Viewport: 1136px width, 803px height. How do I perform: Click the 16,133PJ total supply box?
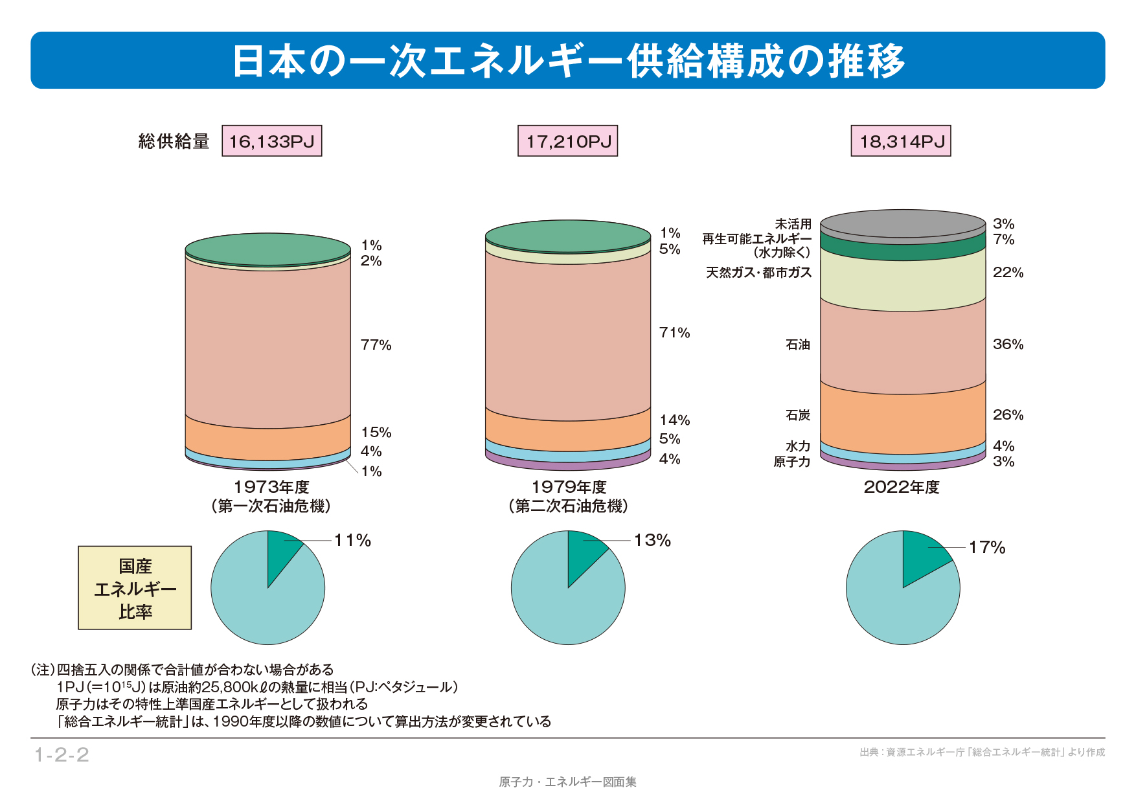[x=272, y=141]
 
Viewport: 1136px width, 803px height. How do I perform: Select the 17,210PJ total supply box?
[x=568, y=141]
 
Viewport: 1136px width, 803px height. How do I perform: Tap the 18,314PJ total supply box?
[x=901, y=141]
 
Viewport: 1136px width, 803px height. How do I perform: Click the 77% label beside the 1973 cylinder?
[x=376, y=345]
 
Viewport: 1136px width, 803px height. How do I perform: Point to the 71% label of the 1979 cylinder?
[x=675, y=333]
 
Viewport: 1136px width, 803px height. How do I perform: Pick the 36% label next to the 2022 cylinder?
[x=1008, y=345]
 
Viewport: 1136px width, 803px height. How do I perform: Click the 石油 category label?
[x=798, y=345]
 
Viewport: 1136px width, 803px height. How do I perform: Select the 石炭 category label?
[x=798, y=415]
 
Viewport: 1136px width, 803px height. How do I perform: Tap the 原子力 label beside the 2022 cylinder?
[x=792, y=462]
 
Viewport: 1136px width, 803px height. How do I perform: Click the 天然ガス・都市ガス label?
[x=758, y=273]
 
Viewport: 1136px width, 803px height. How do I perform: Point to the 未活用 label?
[x=793, y=224]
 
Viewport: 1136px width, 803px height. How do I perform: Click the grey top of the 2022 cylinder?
[x=903, y=224]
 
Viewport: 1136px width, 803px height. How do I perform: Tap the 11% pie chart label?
[x=353, y=541]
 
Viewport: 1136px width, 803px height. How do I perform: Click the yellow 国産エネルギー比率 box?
[x=135, y=588]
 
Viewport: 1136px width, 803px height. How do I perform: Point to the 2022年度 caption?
[x=902, y=488]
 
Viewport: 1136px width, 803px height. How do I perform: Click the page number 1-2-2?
[x=62, y=755]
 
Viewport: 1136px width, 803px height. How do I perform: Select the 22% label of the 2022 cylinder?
[x=1008, y=273]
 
